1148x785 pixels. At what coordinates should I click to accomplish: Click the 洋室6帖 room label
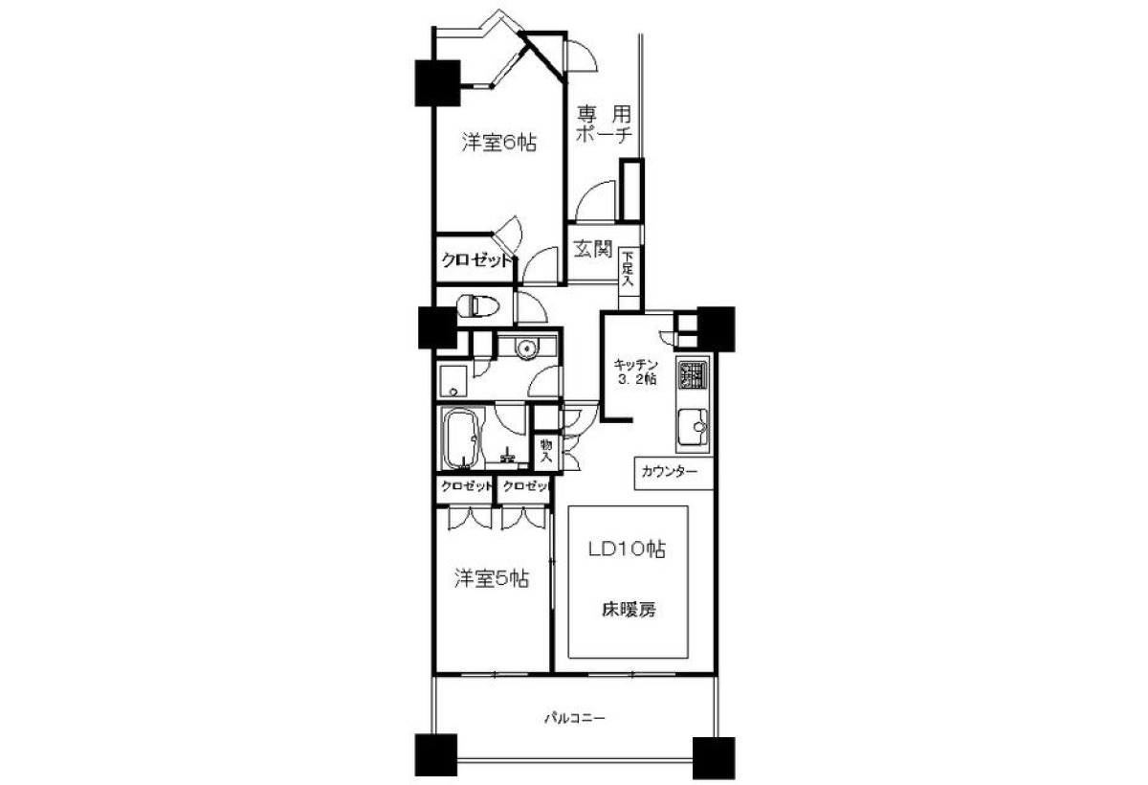[x=499, y=143]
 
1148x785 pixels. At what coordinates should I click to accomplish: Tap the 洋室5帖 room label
[x=492, y=579]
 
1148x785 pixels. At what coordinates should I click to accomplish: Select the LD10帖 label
[x=627, y=549]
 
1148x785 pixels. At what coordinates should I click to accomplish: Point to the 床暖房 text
[x=629, y=610]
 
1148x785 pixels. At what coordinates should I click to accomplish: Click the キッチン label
[x=636, y=365]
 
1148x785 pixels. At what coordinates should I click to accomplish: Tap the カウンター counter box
[x=673, y=473]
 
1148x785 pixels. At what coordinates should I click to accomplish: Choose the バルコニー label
[x=575, y=718]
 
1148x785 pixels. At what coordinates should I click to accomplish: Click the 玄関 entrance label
[x=593, y=249]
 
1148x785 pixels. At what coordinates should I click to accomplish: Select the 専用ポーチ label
[x=604, y=123]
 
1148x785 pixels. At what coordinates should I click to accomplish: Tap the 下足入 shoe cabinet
[x=629, y=279]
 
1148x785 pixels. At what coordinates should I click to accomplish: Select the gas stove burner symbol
[x=693, y=375]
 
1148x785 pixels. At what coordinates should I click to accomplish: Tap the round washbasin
[x=526, y=349]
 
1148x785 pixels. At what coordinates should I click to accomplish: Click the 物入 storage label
[x=546, y=451]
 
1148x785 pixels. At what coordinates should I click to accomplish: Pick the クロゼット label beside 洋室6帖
[x=476, y=261]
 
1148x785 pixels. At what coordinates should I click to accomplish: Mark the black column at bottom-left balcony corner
[x=435, y=755]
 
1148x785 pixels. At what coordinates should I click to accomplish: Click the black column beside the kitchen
[x=716, y=328]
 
